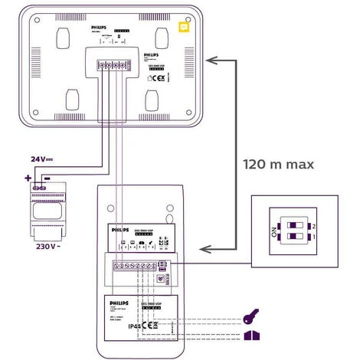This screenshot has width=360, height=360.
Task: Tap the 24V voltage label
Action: (x=42, y=159)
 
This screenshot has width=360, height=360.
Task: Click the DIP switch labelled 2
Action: (x=293, y=226)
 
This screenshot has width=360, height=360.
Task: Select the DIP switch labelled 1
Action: (x=293, y=239)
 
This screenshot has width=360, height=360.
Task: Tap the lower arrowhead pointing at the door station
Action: (x=202, y=248)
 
